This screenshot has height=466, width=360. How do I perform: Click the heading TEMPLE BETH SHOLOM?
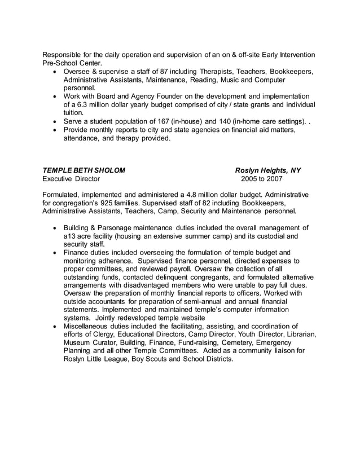click(x=84, y=170)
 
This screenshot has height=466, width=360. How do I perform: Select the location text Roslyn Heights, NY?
click(x=268, y=170)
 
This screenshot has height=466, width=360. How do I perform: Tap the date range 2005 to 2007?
click(x=261, y=179)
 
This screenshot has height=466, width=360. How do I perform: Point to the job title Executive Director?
click(x=71, y=179)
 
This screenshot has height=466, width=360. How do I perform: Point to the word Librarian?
click(x=296, y=334)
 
